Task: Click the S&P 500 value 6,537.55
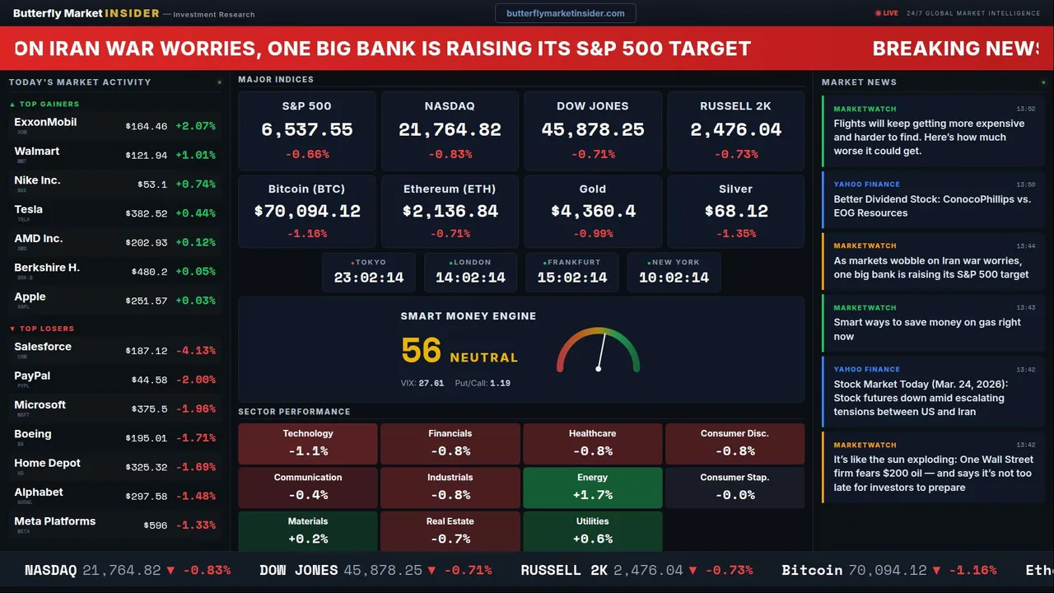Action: (x=306, y=130)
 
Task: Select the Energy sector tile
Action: (x=592, y=487)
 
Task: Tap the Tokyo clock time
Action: (x=369, y=278)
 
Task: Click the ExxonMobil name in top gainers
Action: (x=45, y=122)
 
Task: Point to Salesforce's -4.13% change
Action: (x=195, y=351)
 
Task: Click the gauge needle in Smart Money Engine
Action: (x=601, y=351)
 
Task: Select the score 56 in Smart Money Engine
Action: (x=422, y=351)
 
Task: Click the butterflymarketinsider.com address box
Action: (x=565, y=13)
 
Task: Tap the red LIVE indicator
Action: (x=887, y=13)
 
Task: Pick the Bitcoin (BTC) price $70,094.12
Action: (x=307, y=211)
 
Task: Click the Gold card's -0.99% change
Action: (x=592, y=234)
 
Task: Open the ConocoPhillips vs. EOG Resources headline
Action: (x=931, y=206)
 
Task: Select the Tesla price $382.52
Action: (x=147, y=214)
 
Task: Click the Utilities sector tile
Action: (x=592, y=530)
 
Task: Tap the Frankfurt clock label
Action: (x=574, y=262)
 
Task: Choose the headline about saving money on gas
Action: (x=927, y=329)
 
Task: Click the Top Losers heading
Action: (x=46, y=329)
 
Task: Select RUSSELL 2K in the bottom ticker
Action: (x=564, y=570)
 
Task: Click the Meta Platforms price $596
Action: (x=155, y=525)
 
